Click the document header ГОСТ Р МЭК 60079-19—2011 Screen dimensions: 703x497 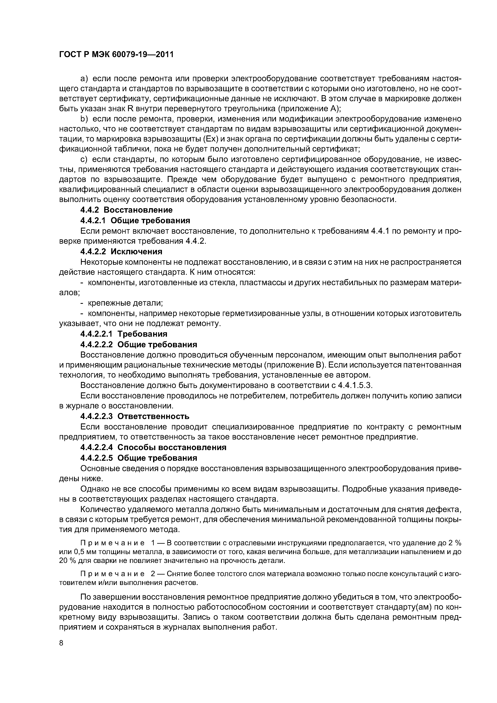(116, 55)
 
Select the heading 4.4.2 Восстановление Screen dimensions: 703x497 (126, 210)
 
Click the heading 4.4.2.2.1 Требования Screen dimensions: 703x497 (124, 334)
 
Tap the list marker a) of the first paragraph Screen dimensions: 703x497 (84, 79)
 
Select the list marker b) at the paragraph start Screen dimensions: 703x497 (84, 119)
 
